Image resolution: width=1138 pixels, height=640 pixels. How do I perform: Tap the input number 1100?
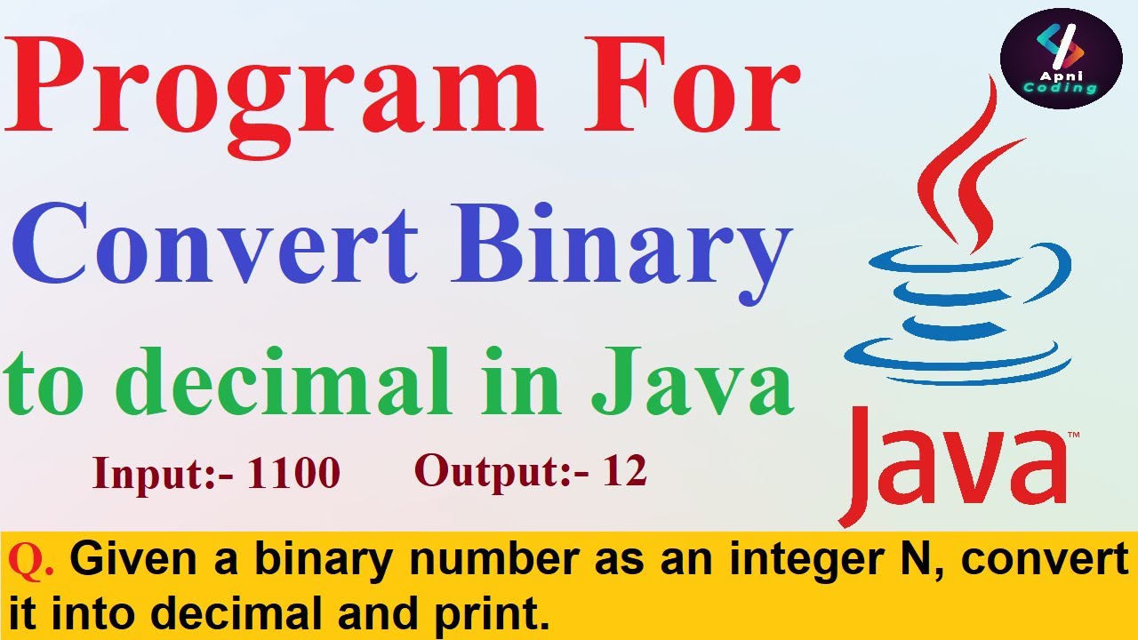[x=293, y=474]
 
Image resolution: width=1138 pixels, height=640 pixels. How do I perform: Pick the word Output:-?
[x=502, y=471]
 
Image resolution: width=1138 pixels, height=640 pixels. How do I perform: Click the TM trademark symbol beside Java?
[x=1073, y=435]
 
